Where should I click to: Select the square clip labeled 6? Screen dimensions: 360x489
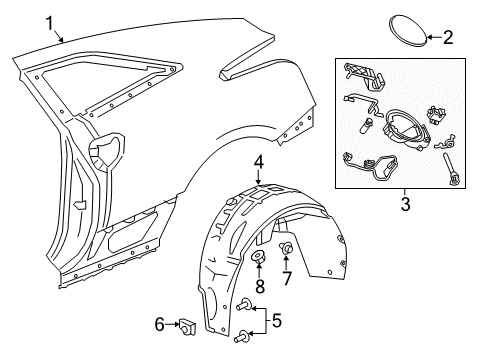coord(184,325)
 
